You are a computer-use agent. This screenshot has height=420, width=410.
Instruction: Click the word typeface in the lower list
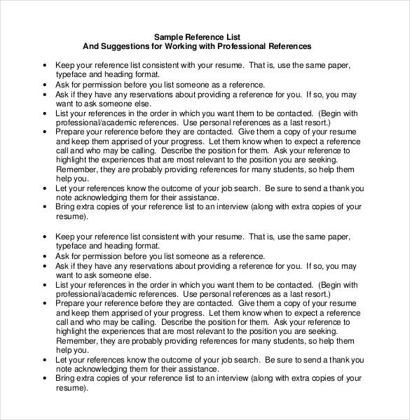[x=71, y=246]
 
